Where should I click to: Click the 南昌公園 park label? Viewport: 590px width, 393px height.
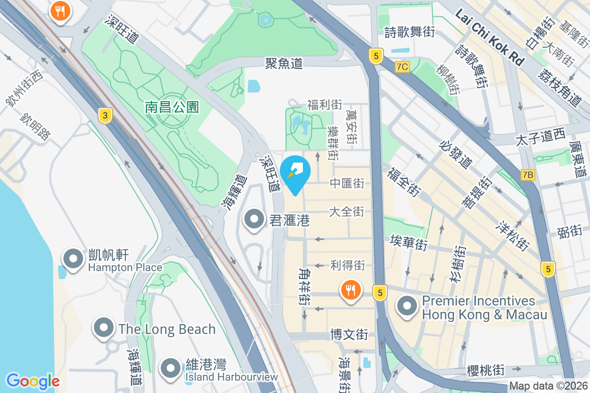point(172,107)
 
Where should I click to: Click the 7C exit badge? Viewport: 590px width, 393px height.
point(402,66)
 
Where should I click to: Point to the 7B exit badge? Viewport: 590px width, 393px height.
point(528,174)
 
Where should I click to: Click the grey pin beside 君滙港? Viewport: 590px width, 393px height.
point(254,219)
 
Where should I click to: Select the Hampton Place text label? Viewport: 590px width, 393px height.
point(125,268)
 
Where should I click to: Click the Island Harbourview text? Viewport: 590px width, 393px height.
point(231,377)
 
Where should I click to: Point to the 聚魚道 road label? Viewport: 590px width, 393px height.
point(284,63)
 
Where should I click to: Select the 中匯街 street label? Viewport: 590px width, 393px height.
point(347,183)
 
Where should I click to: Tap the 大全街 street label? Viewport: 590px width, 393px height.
point(347,212)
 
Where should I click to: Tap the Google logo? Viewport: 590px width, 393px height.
point(32,381)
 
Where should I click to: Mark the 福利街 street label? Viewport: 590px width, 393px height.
point(324,105)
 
